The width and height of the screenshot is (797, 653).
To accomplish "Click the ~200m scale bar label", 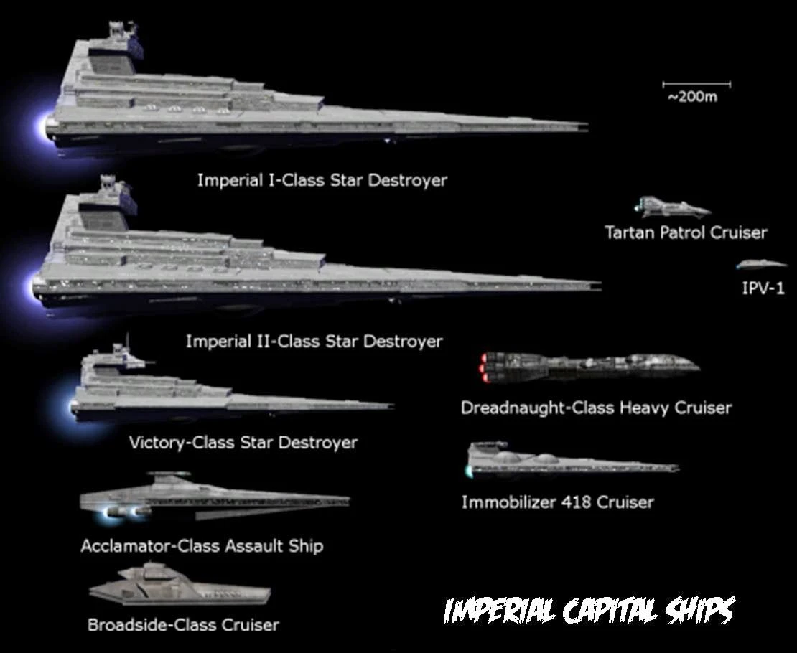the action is [693, 97].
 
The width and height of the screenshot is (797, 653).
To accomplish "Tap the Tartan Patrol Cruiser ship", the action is [673, 207].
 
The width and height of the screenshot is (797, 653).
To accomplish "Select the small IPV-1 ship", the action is [761, 264].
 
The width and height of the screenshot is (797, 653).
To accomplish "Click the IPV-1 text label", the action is [763, 288].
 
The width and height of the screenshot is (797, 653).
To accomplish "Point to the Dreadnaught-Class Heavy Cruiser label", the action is [596, 408].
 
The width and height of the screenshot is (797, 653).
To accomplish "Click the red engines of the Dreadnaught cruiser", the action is [485, 367].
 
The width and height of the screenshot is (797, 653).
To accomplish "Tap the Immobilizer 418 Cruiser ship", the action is [572, 461].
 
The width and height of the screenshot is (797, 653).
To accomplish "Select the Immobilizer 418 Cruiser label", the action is [558, 502].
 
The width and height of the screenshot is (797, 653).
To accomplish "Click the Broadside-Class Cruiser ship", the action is [180, 584].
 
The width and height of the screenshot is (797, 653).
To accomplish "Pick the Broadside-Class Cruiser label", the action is [184, 624].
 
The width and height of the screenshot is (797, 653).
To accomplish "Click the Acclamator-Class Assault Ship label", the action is [202, 546].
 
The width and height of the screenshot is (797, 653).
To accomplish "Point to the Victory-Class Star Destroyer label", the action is [243, 442].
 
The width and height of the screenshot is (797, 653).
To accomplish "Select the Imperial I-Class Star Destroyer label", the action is [322, 180].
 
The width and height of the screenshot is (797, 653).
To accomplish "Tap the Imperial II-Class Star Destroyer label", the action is [314, 341].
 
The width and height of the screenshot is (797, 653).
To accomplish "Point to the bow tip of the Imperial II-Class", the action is [601, 286].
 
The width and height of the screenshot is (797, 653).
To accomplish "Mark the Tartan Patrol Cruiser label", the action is [686, 232].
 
